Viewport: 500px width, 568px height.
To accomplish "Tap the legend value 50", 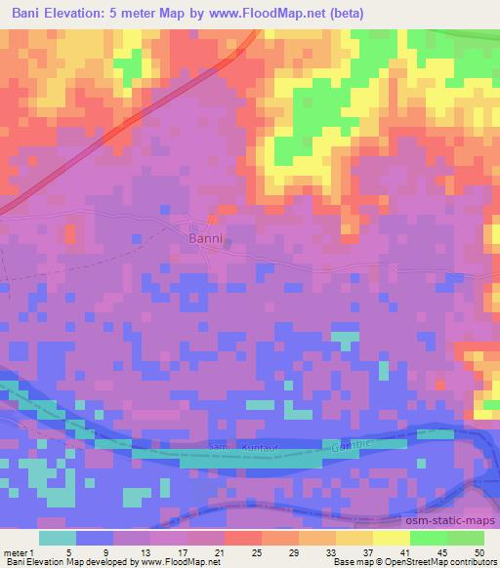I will (x=479, y=553).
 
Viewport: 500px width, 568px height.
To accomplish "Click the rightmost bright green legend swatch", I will (x=466, y=538).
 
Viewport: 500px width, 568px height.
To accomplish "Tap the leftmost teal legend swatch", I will (x=58, y=538).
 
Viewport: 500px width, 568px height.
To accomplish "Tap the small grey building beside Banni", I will (x=228, y=244).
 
